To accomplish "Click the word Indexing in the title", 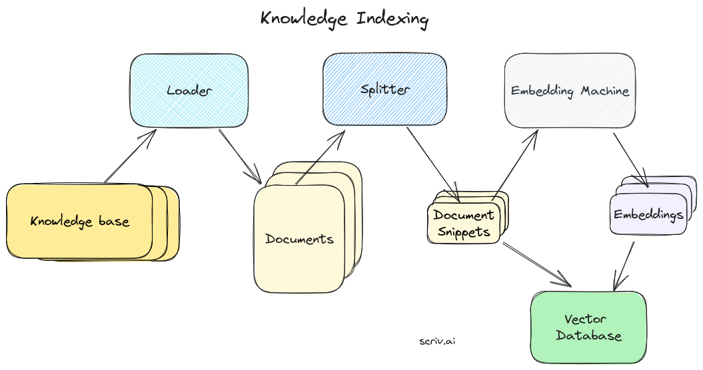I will pos(392,19).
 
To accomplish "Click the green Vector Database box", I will pos(588,327).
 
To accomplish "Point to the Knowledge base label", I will pos(80,221).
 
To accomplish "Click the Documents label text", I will pos(299,239).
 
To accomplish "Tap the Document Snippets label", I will pos(464,224).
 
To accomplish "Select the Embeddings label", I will pos(648,215).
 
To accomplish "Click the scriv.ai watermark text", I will pos(438,341).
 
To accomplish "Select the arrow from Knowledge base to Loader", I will pos(130,156).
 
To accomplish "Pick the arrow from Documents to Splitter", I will pos(320,157).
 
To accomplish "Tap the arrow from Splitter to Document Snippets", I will pos(433,163).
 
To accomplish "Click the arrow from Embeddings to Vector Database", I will pos(623,266).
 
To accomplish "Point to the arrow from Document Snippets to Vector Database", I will pos(536,264).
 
